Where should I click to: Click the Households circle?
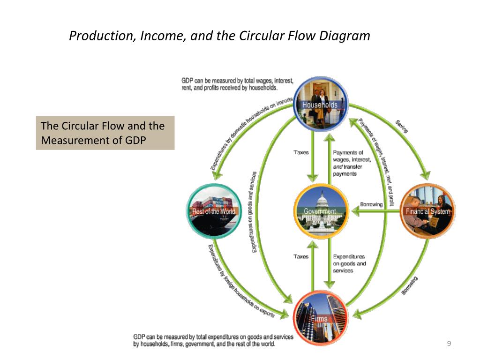[x=321, y=104]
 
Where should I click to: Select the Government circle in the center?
[x=321, y=211]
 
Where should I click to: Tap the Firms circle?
[x=321, y=317]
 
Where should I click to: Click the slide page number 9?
[x=449, y=345]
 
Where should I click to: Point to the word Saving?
[x=402, y=126]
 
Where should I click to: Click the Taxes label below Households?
[x=301, y=152]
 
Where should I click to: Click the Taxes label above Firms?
[x=301, y=256]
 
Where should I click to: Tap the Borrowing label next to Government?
[x=371, y=204]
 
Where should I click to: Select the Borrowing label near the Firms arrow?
[x=410, y=285]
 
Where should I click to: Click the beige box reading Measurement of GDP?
[x=105, y=133]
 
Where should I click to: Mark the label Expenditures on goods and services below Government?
[x=349, y=263]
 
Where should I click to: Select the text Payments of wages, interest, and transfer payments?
[x=352, y=163]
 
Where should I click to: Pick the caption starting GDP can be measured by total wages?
[x=237, y=84]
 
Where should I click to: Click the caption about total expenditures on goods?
[x=213, y=340]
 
